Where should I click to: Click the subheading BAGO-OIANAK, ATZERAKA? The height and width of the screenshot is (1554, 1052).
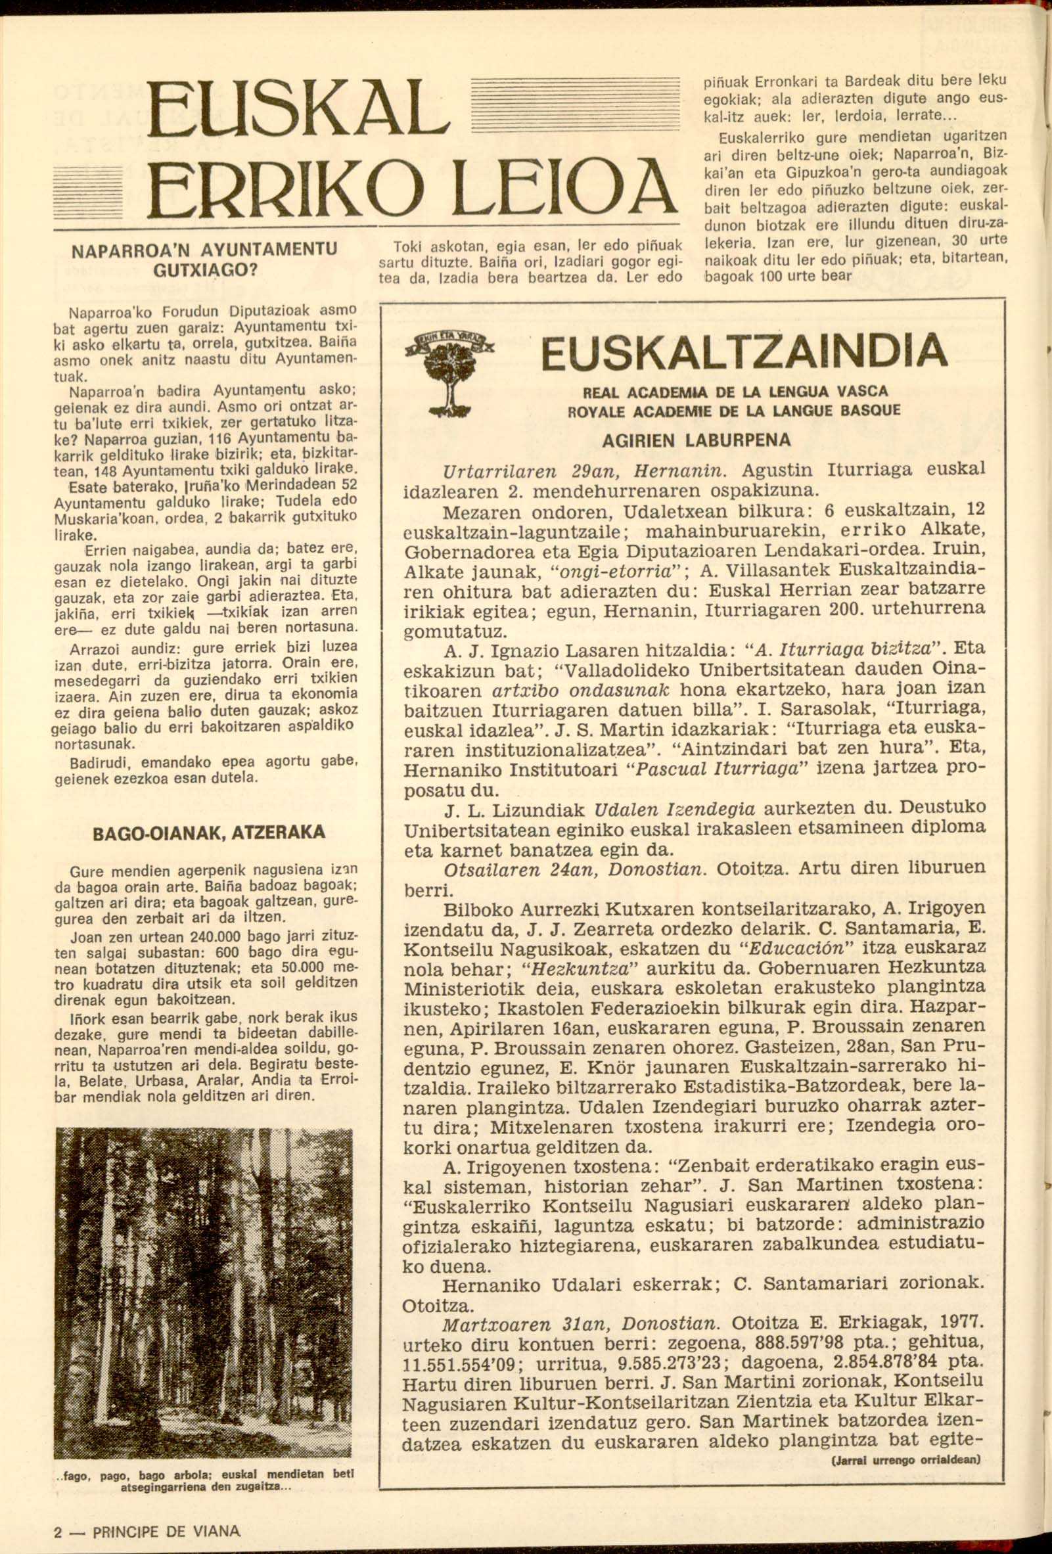pos(209,832)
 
